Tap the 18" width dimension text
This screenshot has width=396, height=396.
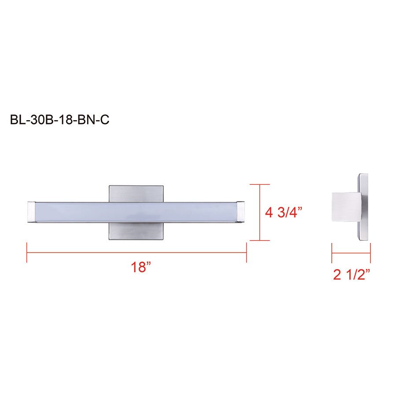[141, 267]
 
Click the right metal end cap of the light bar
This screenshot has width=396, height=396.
[241, 212]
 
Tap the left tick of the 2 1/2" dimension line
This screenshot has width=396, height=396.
[332, 254]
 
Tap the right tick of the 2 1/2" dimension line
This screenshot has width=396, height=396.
[370, 254]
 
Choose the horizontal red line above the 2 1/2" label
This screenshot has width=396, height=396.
[351, 254]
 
